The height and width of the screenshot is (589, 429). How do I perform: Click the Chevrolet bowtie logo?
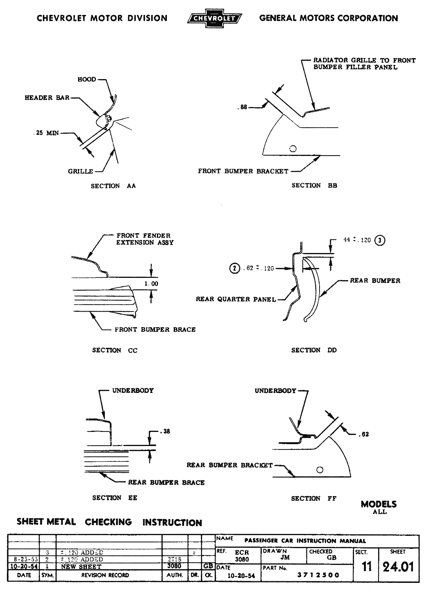[215, 18]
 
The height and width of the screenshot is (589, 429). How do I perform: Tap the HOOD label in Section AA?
[87, 80]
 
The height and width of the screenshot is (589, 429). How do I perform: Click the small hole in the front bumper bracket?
[294, 149]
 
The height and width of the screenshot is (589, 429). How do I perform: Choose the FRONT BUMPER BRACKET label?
[243, 171]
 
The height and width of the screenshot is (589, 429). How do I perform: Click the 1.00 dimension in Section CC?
[151, 284]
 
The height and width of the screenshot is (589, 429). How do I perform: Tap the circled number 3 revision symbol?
[380, 240]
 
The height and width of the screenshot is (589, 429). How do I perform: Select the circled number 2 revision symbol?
[234, 268]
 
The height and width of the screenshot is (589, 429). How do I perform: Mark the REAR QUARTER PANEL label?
[236, 299]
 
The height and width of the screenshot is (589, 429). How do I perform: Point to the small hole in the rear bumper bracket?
[320, 469]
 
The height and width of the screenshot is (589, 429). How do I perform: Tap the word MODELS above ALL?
[379, 504]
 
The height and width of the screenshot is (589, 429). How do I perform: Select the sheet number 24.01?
[398, 566]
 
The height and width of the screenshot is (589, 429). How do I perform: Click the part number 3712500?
[318, 575]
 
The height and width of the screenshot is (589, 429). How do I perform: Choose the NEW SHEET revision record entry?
[81, 567]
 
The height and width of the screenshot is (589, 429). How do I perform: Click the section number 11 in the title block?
[367, 566]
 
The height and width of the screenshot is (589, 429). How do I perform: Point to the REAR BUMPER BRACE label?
[166, 483]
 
